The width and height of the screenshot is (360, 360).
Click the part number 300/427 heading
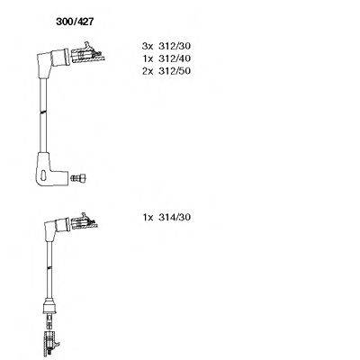click(x=75, y=22)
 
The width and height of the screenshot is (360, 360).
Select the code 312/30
click(x=175, y=46)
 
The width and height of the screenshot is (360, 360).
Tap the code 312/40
click(x=175, y=58)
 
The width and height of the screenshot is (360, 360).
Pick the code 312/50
click(x=175, y=71)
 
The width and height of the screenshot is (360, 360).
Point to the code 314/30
click(x=175, y=217)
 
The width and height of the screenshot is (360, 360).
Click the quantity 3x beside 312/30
click(x=148, y=46)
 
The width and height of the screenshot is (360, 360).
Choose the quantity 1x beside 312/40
click(x=148, y=58)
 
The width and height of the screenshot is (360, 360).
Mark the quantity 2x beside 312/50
click(x=148, y=71)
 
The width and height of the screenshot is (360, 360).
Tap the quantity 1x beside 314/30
click(x=148, y=217)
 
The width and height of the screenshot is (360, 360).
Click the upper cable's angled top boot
click(x=52, y=60)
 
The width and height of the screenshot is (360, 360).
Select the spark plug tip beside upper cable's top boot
click(x=88, y=54)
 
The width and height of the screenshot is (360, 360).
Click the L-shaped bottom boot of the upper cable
click(x=47, y=169)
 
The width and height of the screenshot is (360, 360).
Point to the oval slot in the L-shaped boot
click(x=43, y=175)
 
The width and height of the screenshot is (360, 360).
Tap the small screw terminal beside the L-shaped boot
click(x=78, y=178)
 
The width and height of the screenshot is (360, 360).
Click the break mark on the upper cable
click(x=43, y=112)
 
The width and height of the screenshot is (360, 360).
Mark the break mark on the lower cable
click(x=49, y=266)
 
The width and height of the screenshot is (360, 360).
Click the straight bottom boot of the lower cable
click(x=49, y=305)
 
